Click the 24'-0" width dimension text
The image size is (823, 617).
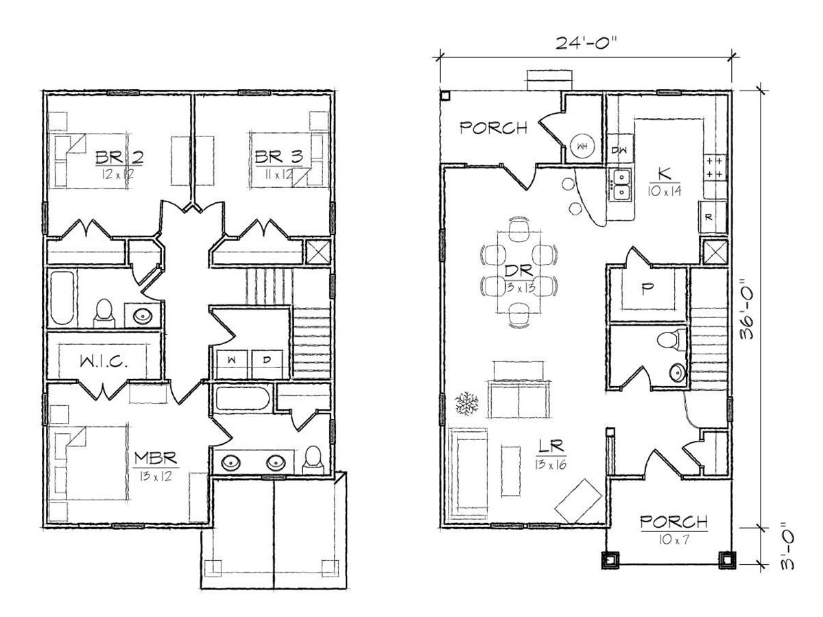point(585,43)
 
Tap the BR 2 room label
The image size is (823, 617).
point(119,158)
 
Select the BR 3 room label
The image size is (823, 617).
point(278,157)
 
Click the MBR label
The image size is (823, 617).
point(155,458)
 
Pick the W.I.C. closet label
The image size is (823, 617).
point(104,361)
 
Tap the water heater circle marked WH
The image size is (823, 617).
point(582,147)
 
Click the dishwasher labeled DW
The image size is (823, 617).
point(619,150)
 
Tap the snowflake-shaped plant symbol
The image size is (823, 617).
point(466,404)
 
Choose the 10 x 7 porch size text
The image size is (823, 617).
point(673,540)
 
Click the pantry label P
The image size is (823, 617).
point(645,289)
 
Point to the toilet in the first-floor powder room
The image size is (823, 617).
point(668,340)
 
